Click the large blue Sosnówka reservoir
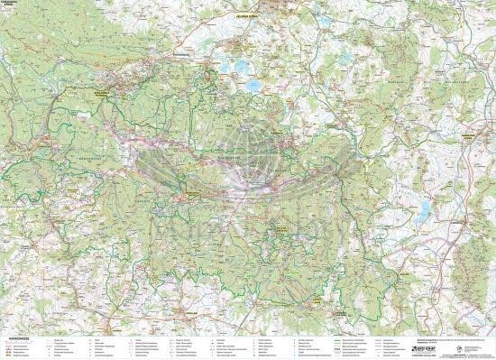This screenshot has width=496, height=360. (255, 87)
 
